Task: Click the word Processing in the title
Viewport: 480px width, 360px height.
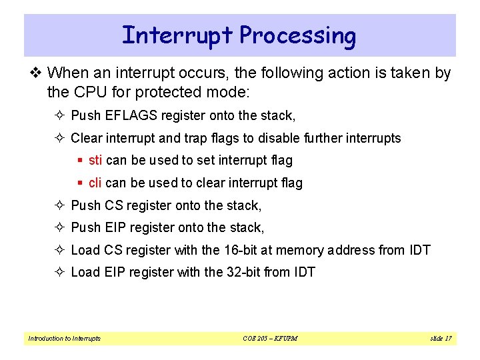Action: [x=297, y=35]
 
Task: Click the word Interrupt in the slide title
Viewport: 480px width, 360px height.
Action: [x=177, y=35]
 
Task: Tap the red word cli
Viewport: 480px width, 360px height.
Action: [x=95, y=183]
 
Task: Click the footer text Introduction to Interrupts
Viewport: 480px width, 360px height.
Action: [x=64, y=339]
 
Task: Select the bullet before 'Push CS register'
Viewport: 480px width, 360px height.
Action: [x=60, y=205]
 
